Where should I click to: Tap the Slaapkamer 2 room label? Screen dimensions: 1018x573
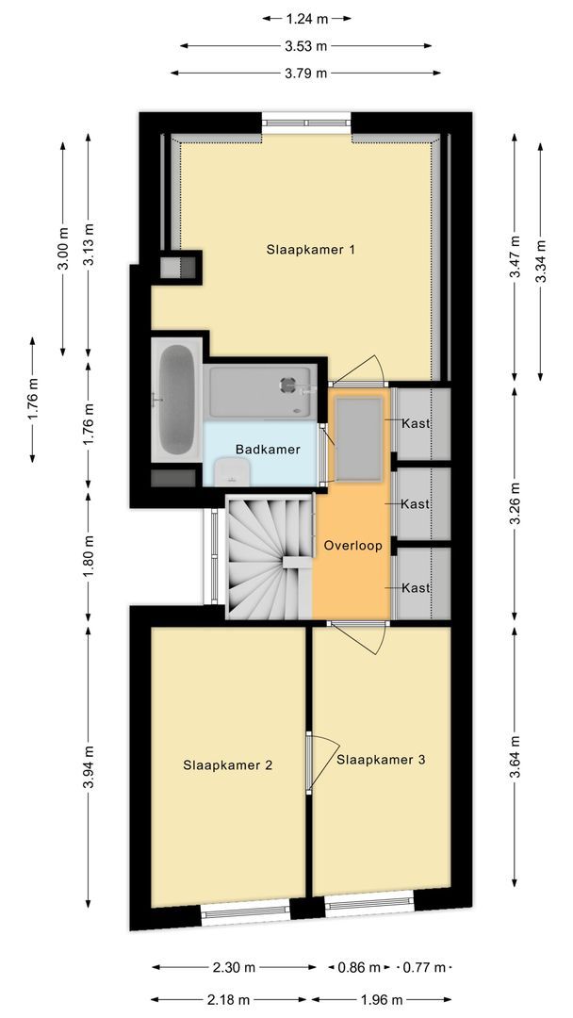click(x=227, y=765)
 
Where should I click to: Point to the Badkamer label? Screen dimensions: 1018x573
click(x=268, y=450)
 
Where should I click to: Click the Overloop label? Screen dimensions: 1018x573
click(x=352, y=546)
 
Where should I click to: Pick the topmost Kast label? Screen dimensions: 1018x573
click(x=416, y=423)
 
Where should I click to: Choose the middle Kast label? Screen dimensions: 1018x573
click(x=416, y=504)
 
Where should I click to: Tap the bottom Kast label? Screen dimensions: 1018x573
click(x=416, y=587)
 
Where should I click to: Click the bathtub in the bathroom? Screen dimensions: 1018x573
click(x=175, y=400)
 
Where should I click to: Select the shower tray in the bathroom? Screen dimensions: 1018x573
click(x=261, y=392)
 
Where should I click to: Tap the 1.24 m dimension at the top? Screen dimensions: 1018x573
click(x=306, y=17)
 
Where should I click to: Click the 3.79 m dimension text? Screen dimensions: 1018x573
click(x=306, y=73)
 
